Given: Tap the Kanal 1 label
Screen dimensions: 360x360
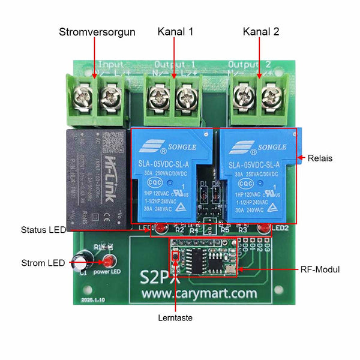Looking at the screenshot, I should pyautogui.click(x=175, y=32).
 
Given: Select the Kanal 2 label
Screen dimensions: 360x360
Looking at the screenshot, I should pyautogui.click(x=261, y=32).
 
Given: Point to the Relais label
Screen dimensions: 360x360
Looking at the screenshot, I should pyautogui.click(x=320, y=159).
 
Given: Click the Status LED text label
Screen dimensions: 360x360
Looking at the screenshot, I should pyautogui.click(x=43, y=230).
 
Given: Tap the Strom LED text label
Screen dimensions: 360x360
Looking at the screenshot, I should pyautogui.click(x=44, y=262).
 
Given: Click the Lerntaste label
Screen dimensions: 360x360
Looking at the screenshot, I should pyautogui.click(x=175, y=318).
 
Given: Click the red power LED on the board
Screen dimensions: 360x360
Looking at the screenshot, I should pyautogui.click(x=109, y=262).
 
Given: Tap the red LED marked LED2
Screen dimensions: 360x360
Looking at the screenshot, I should pyautogui.click(x=263, y=229).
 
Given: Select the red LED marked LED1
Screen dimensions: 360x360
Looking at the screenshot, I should pyautogui.click(x=161, y=229).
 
